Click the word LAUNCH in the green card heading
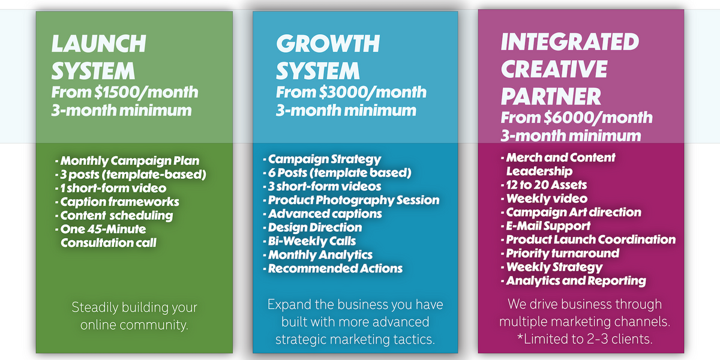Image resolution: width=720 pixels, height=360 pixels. point(98,43)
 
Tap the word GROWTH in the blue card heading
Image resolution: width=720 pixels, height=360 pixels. point(328,43)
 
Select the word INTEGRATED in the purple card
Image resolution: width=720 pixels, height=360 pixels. point(570,42)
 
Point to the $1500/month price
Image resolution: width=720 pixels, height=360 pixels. point(146,92)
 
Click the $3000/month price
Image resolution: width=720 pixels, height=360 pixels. point(373,92)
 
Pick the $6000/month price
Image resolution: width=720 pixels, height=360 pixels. point(598,118)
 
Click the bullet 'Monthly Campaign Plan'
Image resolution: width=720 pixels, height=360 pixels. point(127,161)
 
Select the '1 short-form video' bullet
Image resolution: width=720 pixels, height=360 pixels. point(111,188)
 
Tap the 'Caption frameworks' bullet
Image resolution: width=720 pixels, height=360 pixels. point(117,202)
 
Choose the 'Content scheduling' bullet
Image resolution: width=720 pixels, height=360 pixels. point(114,215)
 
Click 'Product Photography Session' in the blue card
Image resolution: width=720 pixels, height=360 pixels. point(351,200)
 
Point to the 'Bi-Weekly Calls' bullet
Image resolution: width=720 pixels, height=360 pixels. point(310,241)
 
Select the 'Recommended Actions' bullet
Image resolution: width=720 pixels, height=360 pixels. point(332,268)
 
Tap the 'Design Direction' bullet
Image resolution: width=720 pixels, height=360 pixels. point(313,227)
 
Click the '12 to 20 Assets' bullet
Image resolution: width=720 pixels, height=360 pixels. point(544,185)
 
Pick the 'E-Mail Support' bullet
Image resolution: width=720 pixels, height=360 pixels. point(546,226)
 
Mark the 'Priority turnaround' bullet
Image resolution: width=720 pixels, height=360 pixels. point(560,253)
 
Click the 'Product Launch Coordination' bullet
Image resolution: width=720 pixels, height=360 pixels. point(588,239)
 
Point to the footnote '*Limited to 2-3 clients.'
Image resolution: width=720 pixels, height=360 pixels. point(584,339)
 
